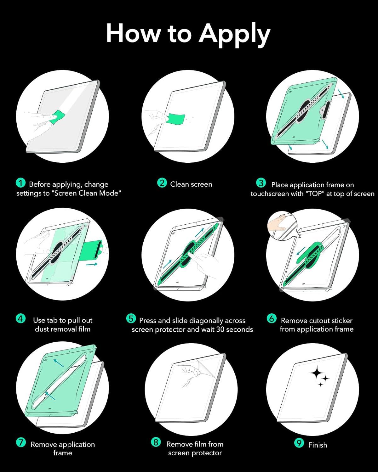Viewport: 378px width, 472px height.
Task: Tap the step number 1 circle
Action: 20,183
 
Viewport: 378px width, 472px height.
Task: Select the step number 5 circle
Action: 131,318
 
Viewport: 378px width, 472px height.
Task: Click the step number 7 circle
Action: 21,442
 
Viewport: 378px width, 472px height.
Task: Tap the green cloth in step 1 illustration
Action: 57,116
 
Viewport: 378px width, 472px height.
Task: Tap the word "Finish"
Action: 318,445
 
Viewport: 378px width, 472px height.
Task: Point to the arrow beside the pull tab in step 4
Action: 91,264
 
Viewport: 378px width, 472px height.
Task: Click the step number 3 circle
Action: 261,183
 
